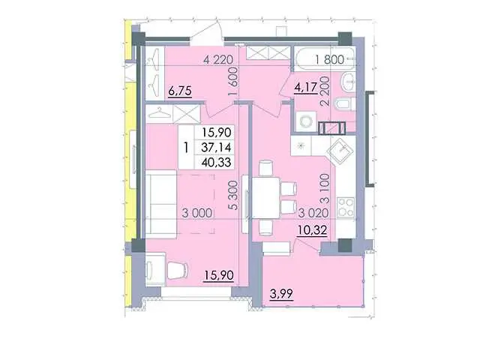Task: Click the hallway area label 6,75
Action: click(180, 91)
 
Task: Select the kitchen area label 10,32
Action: click(313, 230)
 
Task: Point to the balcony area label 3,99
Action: click(281, 294)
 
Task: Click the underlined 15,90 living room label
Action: click(219, 275)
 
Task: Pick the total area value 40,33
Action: click(216, 162)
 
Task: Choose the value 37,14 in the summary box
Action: click(216, 147)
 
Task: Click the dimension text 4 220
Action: click(218, 59)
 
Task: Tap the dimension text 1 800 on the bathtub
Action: click(330, 59)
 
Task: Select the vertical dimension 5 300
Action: click(233, 195)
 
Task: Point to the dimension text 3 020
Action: click(313, 213)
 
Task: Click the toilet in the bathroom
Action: click(344, 103)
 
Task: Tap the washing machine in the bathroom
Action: click(306, 121)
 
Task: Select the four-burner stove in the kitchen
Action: click(346, 208)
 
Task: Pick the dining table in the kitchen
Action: click(265, 198)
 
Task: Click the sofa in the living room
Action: click(161, 204)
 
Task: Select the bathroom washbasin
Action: click(349, 82)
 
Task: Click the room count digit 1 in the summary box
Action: click(186, 148)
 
